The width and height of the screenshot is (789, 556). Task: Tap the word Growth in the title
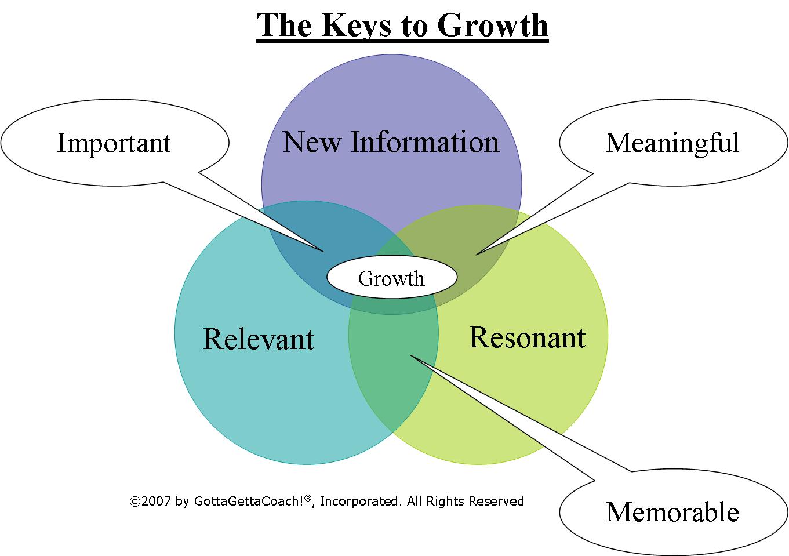coord(492,25)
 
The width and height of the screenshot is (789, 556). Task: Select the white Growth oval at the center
coord(392,278)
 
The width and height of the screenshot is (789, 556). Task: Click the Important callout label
coord(114,143)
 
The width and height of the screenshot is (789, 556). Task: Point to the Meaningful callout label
coord(672,143)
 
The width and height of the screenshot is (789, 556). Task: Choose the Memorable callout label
coord(672,512)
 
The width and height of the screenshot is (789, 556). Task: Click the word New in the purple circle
coord(312,142)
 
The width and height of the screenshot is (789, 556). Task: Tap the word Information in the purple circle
coord(424,142)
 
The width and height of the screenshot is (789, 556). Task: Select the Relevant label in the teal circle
coord(259,339)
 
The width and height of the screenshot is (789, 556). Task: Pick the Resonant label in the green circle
coord(527,337)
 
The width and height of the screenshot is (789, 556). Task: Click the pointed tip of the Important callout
coord(322,250)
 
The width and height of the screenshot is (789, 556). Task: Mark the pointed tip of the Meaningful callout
coord(477,254)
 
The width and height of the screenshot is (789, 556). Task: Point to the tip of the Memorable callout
coord(411,356)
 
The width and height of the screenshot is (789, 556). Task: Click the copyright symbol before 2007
coord(134,502)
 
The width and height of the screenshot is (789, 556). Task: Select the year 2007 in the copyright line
coord(156,502)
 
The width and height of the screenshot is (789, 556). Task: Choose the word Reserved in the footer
coord(496,502)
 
